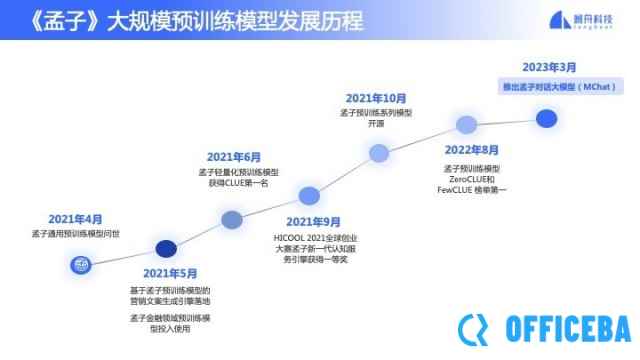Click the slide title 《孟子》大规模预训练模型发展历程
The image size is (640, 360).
pyautogui.click(x=190, y=21)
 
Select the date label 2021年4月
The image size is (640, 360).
pyautogui.click(x=76, y=219)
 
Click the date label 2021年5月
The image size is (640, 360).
pyautogui.click(x=170, y=273)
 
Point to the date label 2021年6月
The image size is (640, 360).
pyautogui.click(x=233, y=157)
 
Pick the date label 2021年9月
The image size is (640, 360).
pyautogui.click(x=313, y=221)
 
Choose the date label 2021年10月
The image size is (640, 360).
pyautogui.click(x=376, y=98)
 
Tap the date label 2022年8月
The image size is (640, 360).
pyautogui.click(x=472, y=150)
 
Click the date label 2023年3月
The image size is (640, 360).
pyautogui.click(x=549, y=67)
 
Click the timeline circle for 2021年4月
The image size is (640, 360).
pyautogui.click(x=80, y=265)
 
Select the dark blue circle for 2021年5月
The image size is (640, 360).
pyautogui.click(x=166, y=249)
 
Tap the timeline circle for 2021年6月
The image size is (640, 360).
pyautogui.click(x=232, y=219)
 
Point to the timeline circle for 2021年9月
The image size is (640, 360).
pyautogui.click(x=310, y=195)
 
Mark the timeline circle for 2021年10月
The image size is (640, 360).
pyautogui.click(x=379, y=153)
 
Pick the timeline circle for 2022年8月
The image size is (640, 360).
pyautogui.click(x=466, y=125)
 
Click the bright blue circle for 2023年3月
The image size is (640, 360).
pyautogui.click(x=546, y=118)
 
